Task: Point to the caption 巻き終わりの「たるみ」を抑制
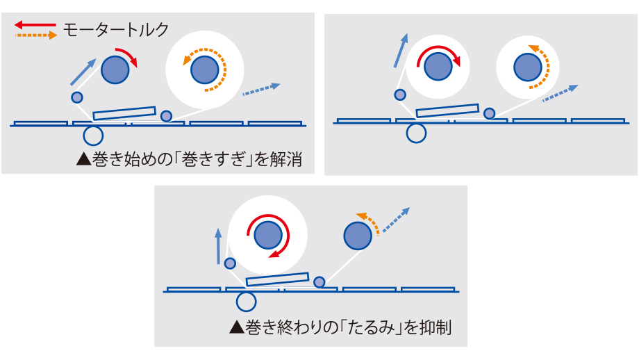(x=340, y=326)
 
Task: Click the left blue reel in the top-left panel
(x=115, y=69)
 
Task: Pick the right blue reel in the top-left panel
(x=204, y=68)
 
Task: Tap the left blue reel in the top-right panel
(x=437, y=67)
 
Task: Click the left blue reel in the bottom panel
(x=266, y=236)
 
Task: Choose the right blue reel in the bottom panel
(x=357, y=236)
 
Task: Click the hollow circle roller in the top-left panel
(x=93, y=133)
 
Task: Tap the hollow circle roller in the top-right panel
(x=416, y=132)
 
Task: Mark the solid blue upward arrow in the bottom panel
(x=219, y=245)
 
